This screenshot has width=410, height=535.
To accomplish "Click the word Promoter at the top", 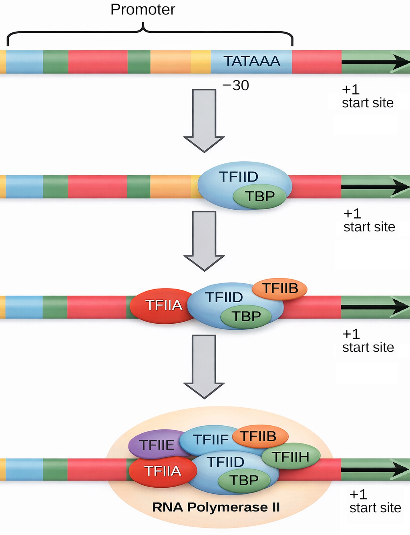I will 143,10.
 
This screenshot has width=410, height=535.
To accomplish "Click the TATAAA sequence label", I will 251,61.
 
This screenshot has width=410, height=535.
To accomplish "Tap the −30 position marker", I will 236,85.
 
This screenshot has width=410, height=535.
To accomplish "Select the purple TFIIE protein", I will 156,445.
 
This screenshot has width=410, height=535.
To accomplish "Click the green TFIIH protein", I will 291,457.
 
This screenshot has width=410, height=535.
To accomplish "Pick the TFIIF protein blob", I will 210,439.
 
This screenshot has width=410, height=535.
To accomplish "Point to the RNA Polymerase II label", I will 216,507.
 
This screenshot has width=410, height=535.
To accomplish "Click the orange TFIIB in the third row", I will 280,288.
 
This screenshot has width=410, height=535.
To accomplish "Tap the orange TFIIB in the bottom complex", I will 259,436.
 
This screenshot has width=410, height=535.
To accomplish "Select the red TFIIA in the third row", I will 163,305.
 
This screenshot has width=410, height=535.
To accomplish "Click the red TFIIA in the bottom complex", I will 163,471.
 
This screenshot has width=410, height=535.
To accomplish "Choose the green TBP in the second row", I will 260,196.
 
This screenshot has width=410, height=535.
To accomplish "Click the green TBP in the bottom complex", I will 243,480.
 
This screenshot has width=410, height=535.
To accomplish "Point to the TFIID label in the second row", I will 238,176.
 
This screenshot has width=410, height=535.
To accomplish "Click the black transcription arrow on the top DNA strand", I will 374,62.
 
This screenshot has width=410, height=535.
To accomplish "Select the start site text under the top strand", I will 368,103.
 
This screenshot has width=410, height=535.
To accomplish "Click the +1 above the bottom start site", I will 358,495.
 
